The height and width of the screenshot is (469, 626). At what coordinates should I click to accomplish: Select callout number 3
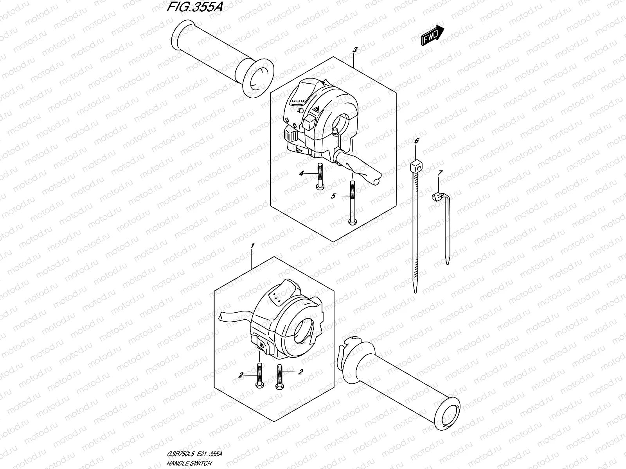click(x=355, y=50)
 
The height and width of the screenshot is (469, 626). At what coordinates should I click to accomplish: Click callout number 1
click(x=253, y=246)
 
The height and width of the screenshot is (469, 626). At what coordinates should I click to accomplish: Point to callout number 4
click(x=302, y=174)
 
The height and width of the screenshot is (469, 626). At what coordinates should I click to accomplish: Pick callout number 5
click(x=333, y=196)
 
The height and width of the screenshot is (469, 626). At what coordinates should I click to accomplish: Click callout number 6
click(x=416, y=140)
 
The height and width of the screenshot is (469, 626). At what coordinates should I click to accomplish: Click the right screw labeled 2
click(x=279, y=376)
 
